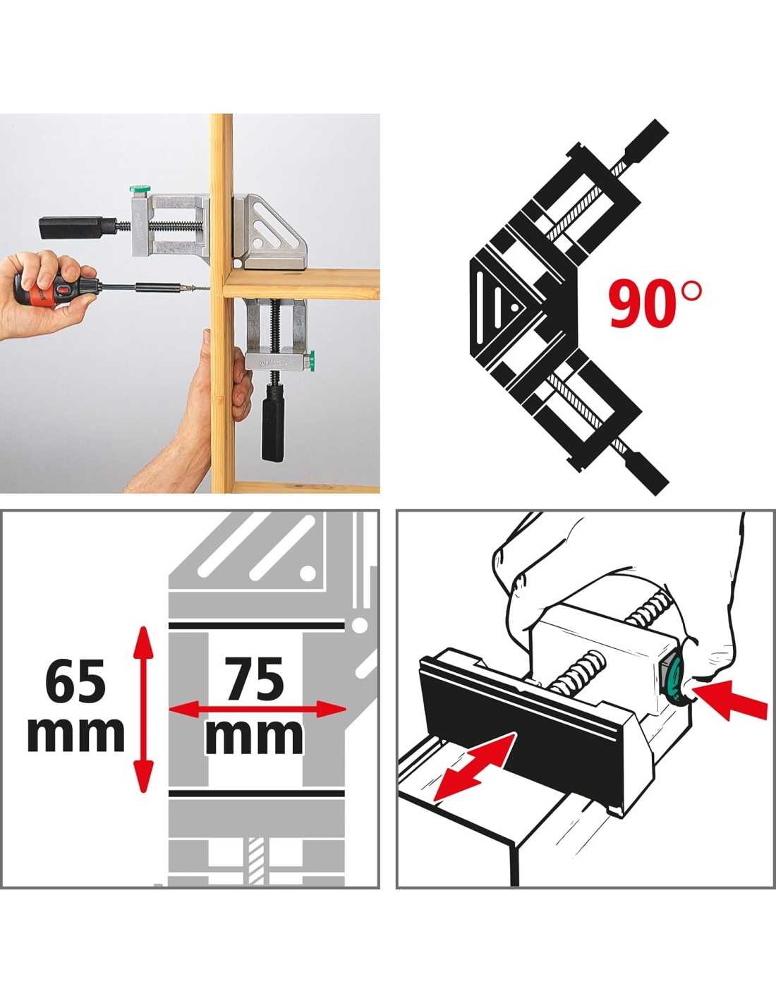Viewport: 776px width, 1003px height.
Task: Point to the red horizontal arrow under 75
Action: pyautogui.click(x=257, y=722)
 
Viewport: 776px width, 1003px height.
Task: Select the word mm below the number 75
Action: pyautogui.click(x=255, y=737)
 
